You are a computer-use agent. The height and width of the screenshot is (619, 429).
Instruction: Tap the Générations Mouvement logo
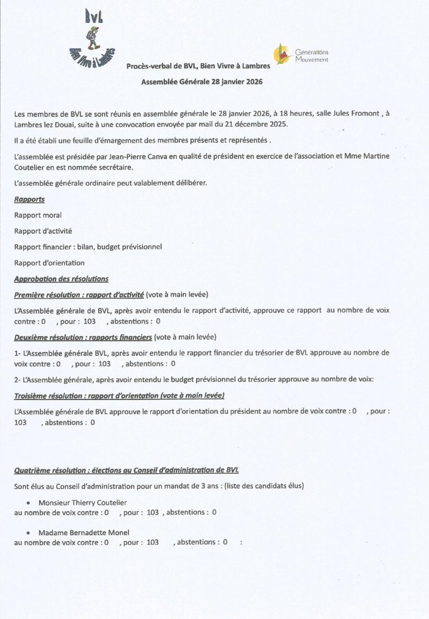(x=301, y=55)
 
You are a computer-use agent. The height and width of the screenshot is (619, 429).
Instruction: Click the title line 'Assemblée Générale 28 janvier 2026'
(x=202, y=81)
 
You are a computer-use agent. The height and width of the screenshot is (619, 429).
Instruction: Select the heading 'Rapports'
(x=29, y=199)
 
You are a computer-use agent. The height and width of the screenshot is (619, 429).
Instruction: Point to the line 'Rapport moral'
(x=38, y=215)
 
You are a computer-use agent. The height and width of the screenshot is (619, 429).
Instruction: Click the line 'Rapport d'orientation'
(x=49, y=263)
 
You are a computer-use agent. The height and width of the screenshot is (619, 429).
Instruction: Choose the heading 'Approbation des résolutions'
(x=61, y=279)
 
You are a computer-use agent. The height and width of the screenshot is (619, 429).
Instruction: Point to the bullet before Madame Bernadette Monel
(x=28, y=532)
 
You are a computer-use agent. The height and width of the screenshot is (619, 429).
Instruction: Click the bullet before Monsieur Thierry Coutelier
(x=28, y=502)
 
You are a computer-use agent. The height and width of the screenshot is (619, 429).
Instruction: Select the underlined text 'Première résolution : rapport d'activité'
(x=79, y=294)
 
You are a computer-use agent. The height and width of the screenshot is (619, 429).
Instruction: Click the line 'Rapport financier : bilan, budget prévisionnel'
(x=88, y=247)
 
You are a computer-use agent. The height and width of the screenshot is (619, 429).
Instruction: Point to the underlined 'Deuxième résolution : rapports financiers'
(x=83, y=337)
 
